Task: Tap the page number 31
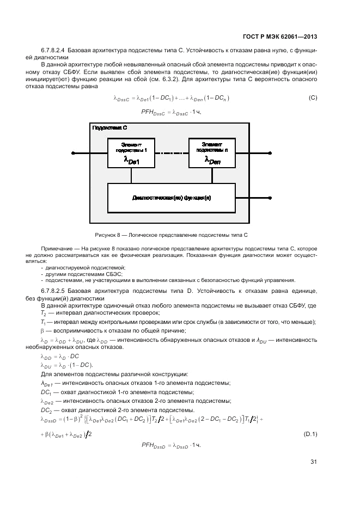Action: [313, 462]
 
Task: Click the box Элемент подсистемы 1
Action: [131, 153]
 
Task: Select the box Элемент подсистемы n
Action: [212, 153]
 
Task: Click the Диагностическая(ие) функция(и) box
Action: [171, 198]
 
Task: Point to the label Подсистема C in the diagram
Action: [110, 127]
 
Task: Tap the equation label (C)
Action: [313, 98]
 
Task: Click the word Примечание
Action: [59, 248]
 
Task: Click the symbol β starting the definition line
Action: [42, 330]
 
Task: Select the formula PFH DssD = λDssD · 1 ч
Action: [171, 445]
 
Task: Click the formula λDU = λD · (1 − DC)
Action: [66, 365]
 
